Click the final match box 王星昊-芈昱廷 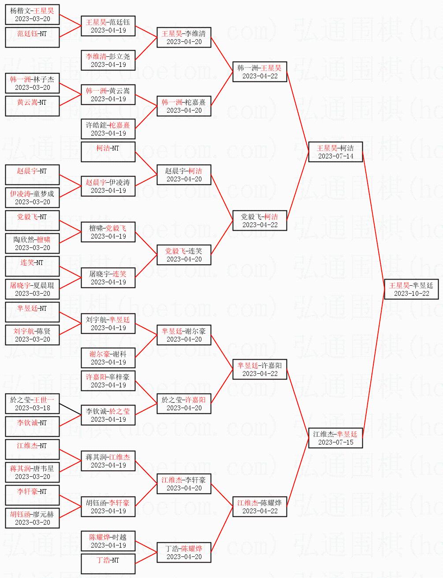[x=411, y=289]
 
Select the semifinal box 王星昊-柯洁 [x=335, y=151]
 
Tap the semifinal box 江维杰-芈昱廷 [x=335, y=438]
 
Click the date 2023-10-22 [x=411, y=294]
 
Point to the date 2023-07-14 [x=335, y=156]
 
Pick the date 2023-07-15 [x=335, y=442]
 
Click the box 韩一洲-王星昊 [x=260, y=71]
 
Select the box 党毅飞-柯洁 [x=260, y=220]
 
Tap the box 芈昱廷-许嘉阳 [x=260, y=369]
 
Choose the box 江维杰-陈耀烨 [x=260, y=506]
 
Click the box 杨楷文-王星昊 [x=32, y=14]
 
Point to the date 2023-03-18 [x=32, y=408]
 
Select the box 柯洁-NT [x=108, y=151]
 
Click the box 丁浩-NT [x=108, y=563]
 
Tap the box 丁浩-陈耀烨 [x=184, y=552]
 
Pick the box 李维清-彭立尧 [x=108, y=60]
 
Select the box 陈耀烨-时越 [x=108, y=541]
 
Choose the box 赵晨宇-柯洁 [x=184, y=174]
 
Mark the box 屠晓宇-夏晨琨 [x=32, y=289]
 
